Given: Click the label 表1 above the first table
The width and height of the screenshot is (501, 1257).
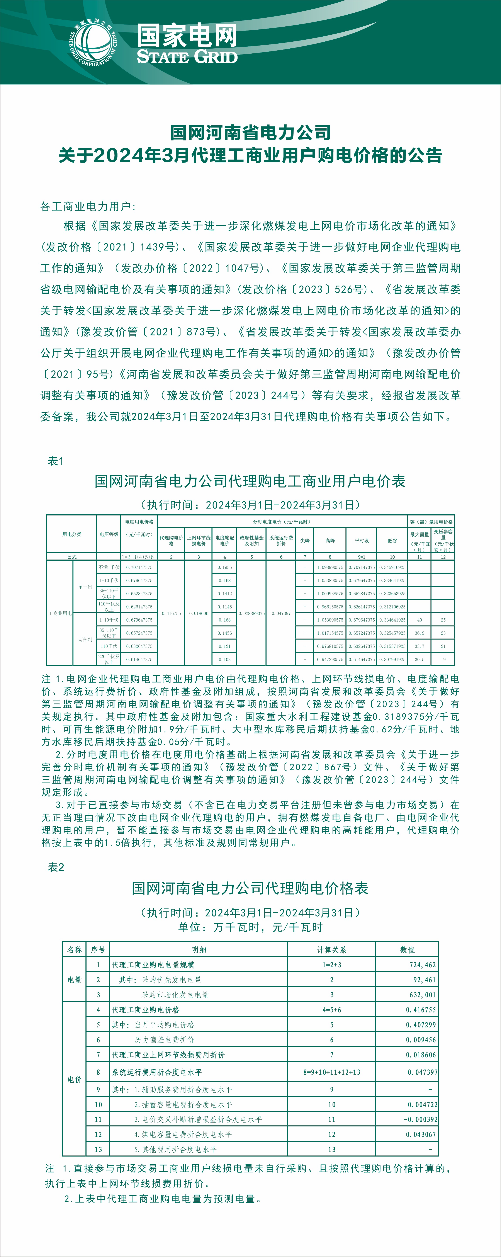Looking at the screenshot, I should (x=56, y=461).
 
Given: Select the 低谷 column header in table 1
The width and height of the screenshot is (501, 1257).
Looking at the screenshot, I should (x=392, y=541).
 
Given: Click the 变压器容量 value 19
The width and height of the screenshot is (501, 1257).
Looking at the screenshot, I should (x=443, y=659).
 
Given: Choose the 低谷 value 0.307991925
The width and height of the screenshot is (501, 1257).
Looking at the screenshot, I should (x=392, y=659).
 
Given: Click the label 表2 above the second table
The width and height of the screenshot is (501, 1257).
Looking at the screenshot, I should (x=56, y=867).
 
